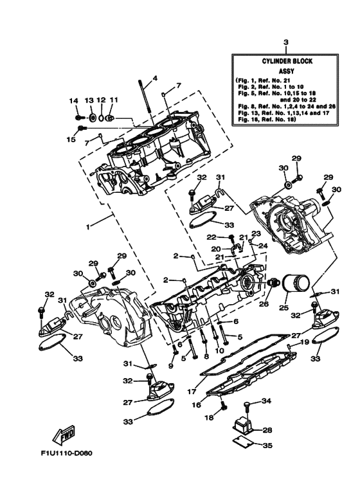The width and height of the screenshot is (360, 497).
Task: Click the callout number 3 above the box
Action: click(286, 42)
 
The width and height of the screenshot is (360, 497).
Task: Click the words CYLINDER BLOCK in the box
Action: click(286, 62)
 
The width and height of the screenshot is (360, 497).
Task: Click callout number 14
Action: click(74, 101)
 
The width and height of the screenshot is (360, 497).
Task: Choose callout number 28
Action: click(267, 429)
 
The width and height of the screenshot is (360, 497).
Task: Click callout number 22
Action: click(212, 237)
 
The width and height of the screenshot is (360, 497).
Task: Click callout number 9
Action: click(171, 366)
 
